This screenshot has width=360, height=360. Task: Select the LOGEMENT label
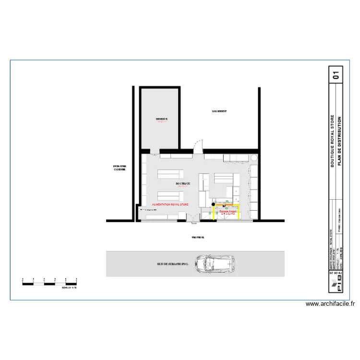(x=219, y=111)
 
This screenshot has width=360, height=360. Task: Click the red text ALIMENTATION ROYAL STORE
(x=170, y=204)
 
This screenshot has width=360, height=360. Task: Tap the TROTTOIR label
(x=197, y=238)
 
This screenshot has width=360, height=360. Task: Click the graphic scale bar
(x=50, y=284)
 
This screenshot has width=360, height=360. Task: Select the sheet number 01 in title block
(x=336, y=74)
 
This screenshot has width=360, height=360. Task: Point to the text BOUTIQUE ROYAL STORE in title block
(x=332, y=141)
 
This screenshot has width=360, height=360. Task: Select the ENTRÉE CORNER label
(x=119, y=168)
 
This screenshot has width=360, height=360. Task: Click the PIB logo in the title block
(x=336, y=283)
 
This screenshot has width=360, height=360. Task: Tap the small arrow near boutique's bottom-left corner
(x=141, y=209)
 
